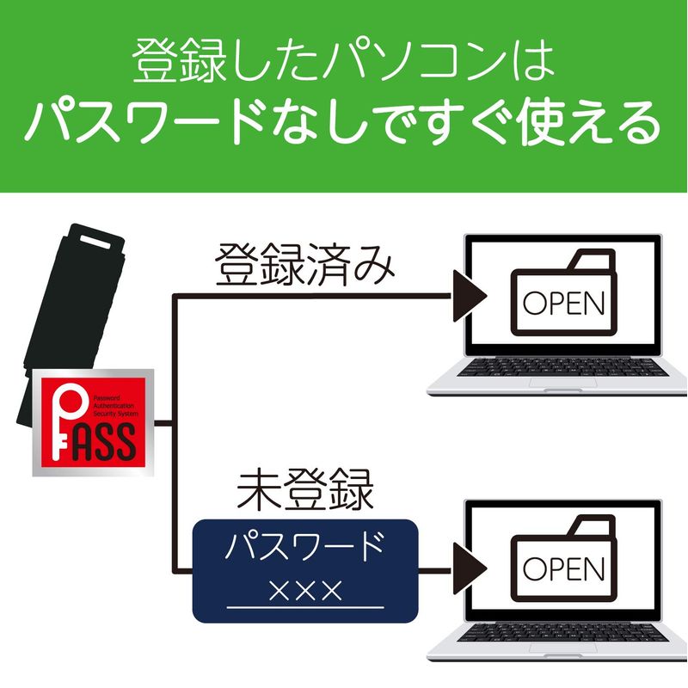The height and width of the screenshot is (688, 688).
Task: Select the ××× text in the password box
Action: tap(305, 590)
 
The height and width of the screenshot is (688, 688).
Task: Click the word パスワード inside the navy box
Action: tap(305, 547)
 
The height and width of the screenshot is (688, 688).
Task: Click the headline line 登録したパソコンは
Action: tap(344, 63)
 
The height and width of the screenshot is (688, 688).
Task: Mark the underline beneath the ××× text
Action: tap(305, 608)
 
